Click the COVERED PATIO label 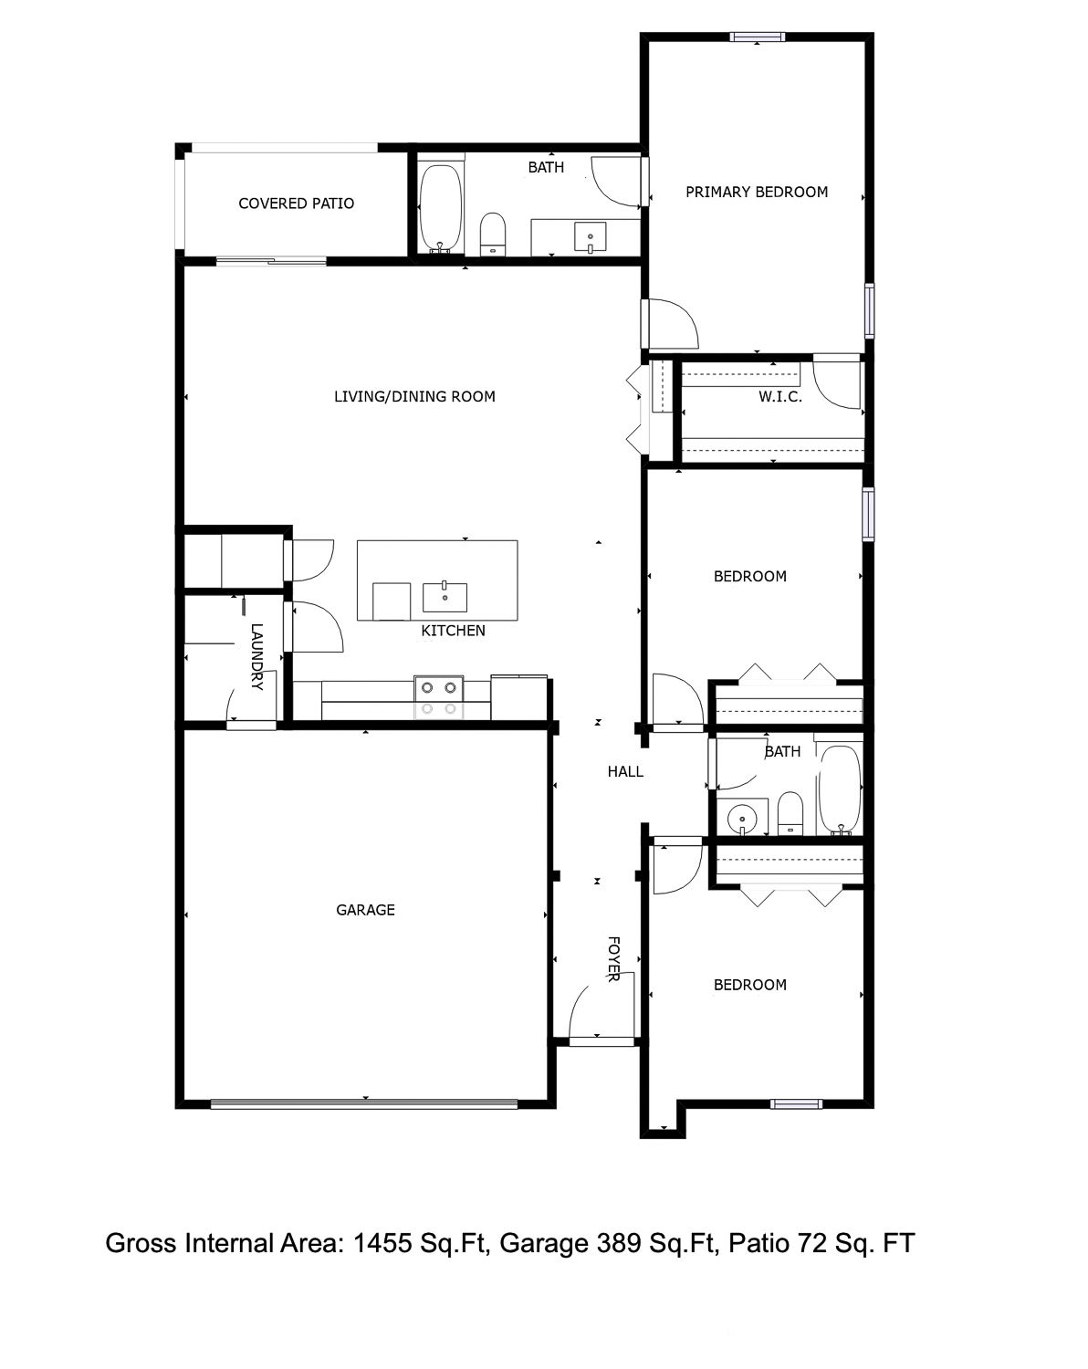(296, 204)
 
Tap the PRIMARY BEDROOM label (757, 192)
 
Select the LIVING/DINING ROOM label (414, 396)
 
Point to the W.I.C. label (780, 397)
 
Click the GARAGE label (365, 910)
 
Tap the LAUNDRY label (256, 656)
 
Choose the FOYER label (613, 959)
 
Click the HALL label (625, 772)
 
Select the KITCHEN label (453, 631)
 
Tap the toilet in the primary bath (493, 234)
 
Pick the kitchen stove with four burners (439, 697)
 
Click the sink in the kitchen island (445, 597)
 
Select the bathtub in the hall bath (839, 790)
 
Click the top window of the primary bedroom (757, 37)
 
